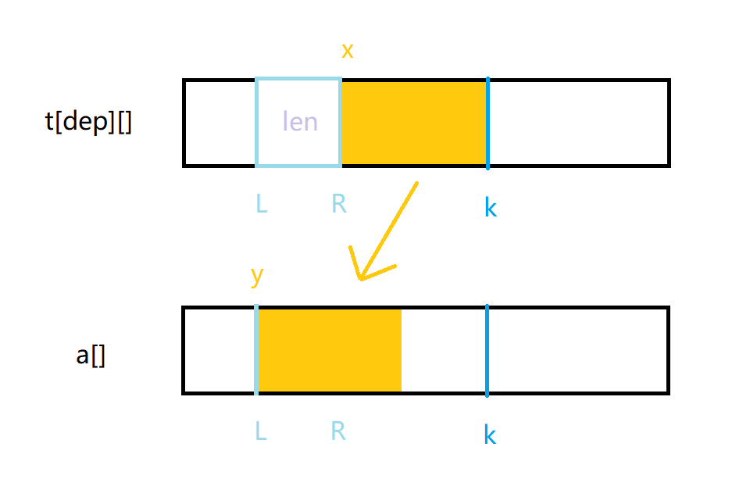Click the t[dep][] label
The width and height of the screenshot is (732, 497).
88,123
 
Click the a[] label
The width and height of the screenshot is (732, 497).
91,356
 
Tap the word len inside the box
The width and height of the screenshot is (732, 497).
300,122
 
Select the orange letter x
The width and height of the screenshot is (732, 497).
348,52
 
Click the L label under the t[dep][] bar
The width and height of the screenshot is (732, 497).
261,204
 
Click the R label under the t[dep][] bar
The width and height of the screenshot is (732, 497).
338,204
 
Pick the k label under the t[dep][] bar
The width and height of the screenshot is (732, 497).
490,208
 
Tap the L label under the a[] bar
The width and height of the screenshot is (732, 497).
261,431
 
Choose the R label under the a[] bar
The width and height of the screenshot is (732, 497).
338,431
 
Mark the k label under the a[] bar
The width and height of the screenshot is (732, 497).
490,434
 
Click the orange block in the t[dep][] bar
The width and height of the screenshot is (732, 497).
414,123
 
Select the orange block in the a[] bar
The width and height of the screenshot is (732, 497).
330,350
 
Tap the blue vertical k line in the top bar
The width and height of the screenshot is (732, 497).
487,123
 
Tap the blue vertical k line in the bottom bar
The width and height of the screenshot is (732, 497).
487,350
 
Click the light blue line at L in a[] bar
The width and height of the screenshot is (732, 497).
256,350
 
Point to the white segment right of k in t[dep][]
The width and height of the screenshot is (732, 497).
577,123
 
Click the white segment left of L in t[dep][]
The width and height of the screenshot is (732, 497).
220,123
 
